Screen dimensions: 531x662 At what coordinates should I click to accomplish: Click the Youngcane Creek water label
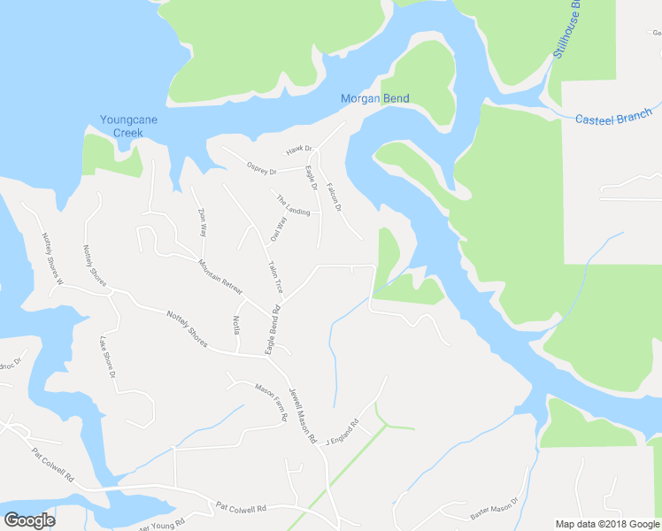[x=122, y=127]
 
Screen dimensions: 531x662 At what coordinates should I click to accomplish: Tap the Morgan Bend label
[x=375, y=98]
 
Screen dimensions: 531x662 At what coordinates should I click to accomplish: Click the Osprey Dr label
[x=262, y=168]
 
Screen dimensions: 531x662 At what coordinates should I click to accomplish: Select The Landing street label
[x=293, y=206]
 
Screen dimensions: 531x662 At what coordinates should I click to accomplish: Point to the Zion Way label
[x=203, y=222]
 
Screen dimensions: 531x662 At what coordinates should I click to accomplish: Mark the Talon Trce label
[x=276, y=276]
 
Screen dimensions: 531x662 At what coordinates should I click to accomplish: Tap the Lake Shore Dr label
[x=108, y=358]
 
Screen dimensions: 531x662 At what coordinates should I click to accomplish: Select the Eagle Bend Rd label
[x=273, y=330]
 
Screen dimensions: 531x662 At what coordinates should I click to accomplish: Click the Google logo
[x=29, y=520]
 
